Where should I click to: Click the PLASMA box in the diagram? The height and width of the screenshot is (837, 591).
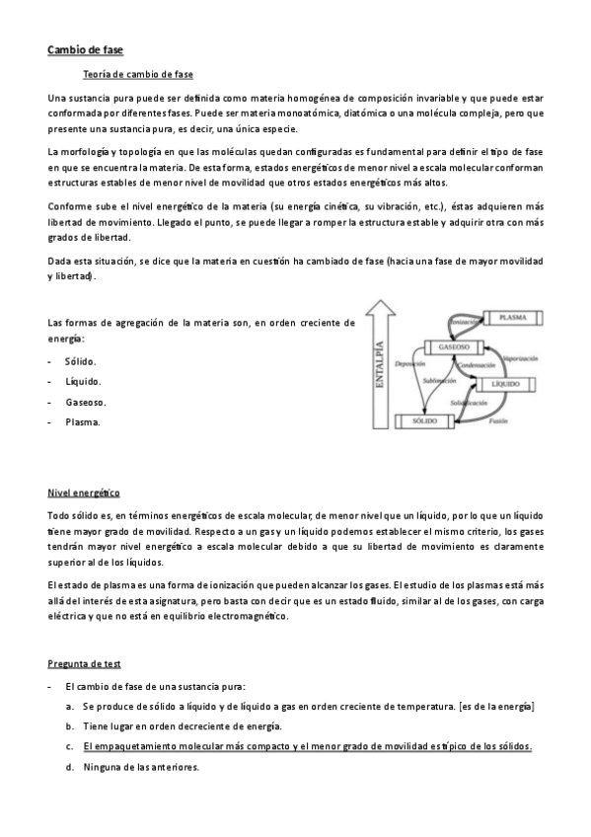point(512,317)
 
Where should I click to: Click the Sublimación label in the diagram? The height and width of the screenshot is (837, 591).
point(438,380)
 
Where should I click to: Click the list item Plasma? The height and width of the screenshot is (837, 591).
point(82,422)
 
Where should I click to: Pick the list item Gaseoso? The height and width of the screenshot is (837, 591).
point(86,402)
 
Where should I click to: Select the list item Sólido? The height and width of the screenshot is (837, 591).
point(81,361)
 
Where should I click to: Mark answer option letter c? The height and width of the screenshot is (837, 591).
point(70,746)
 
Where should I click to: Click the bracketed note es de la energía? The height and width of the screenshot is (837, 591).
point(496,707)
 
